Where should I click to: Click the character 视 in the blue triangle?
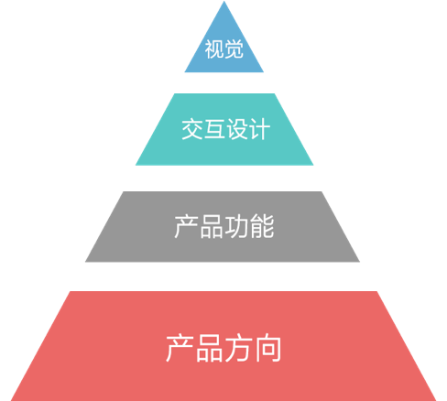(x=214, y=49)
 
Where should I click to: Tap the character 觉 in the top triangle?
(x=234, y=49)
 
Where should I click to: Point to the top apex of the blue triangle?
(x=223, y=1)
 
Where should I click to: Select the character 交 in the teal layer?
(x=192, y=129)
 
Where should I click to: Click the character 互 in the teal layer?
(x=214, y=129)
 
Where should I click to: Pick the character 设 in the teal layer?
(x=237, y=129)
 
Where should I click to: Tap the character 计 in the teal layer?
(x=259, y=129)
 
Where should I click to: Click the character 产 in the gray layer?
(x=187, y=226)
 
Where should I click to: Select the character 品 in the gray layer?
(x=212, y=226)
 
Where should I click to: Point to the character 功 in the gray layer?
(x=236, y=226)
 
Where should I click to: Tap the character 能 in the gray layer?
(x=262, y=226)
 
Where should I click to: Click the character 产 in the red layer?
(x=180, y=348)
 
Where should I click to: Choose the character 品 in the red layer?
(x=209, y=348)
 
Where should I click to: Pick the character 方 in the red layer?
(x=238, y=348)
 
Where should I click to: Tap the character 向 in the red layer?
(x=267, y=348)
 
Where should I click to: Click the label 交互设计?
(x=226, y=129)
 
